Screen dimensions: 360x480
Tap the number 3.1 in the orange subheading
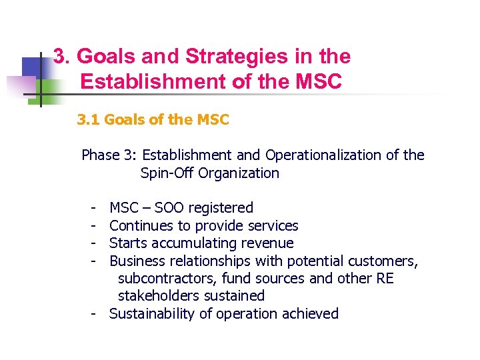pyautogui.click(x=88, y=120)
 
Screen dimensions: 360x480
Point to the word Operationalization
pyautogui.click(x=323, y=155)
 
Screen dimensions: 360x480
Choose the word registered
pyautogui.click(x=220, y=208)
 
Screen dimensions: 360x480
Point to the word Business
pyautogui.click(x=137, y=261)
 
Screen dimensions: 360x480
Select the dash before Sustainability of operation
pyautogui.click(x=96, y=313)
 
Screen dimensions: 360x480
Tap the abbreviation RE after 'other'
pyautogui.click(x=385, y=278)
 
